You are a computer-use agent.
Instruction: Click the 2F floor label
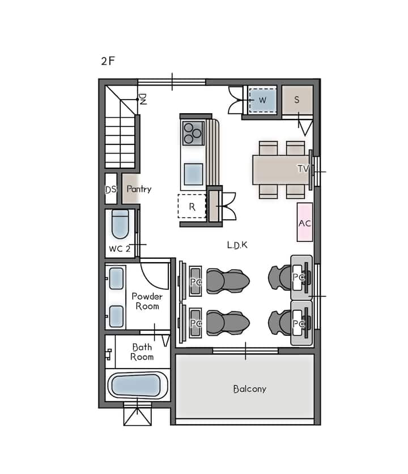pos(108,61)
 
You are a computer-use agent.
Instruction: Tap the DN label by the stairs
pos(142,99)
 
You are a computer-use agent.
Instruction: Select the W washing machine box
pos(262,100)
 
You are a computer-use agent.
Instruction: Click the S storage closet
pos(297,100)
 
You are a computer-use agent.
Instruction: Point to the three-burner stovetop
pos(193,133)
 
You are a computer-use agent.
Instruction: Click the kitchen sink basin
pos(193,174)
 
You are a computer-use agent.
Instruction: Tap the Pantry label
pos(139,189)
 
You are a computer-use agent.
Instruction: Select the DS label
pos(110,190)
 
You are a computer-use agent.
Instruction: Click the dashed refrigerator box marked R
pos(192,206)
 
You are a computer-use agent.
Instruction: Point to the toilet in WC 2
pos(120,224)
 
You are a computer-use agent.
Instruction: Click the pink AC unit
pos(304,222)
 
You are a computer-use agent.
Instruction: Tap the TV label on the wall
pos(303,169)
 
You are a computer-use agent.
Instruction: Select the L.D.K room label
pos(237,245)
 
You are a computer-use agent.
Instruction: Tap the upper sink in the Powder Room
pos(116,279)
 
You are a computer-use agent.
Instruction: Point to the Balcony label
pos(250,388)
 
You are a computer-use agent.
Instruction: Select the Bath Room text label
pos(142,352)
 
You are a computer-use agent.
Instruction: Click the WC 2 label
pos(120,249)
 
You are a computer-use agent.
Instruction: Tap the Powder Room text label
pos(147,301)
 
